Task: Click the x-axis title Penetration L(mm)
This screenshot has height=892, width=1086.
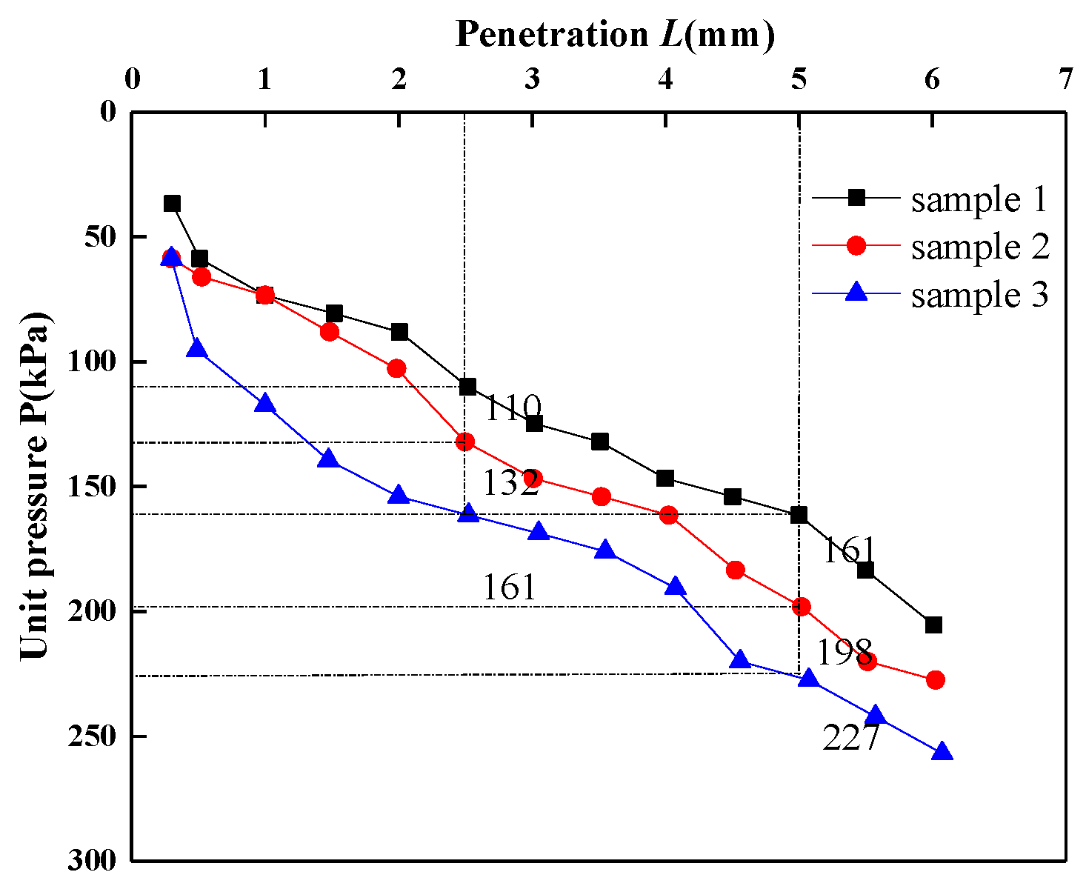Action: [615, 34]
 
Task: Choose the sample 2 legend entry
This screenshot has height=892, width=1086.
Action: [980, 246]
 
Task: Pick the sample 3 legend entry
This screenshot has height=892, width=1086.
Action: [979, 294]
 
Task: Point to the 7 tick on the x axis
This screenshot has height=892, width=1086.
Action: [1065, 79]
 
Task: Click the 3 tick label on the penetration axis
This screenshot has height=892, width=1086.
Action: [532, 79]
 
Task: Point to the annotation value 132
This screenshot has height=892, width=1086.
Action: [510, 485]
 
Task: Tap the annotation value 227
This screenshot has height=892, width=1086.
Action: [850, 738]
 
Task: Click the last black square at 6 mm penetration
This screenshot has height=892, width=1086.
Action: [933, 625]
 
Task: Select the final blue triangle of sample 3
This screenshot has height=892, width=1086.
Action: [942, 752]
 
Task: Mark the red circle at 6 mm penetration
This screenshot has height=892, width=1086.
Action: [935, 680]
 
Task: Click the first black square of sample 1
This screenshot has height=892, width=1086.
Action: [173, 204]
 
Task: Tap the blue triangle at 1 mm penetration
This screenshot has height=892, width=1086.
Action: [264, 404]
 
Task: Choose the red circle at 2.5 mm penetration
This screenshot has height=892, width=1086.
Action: [465, 442]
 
